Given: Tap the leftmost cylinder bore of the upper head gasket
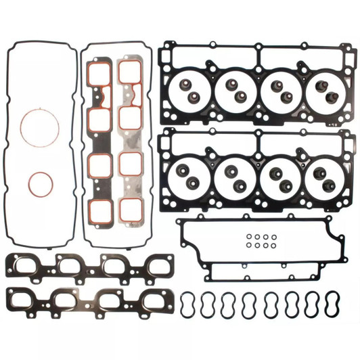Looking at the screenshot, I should pyautogui.click(x=192, y=89).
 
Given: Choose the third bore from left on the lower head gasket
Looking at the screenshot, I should pyautogui.click(x=279, y=177).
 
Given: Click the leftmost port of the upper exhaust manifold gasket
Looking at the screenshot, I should pyautogui.click(x=26, y=267).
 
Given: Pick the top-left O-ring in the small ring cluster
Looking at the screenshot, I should pyautogui.click(x=248, y=238).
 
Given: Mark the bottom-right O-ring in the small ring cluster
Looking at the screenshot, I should pyautogui.click(x=273, y=246).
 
